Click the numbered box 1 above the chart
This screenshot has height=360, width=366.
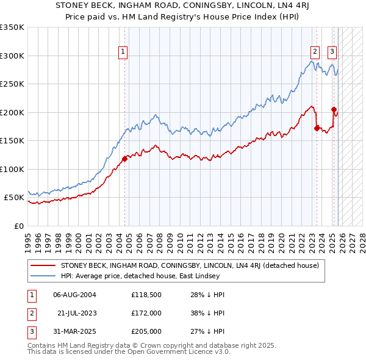point(123,52)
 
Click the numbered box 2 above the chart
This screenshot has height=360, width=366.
point(315,52)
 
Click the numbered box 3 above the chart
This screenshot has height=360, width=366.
point(332,52)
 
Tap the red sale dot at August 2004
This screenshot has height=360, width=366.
point(124,159)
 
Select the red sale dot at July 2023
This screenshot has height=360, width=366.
point(317,128)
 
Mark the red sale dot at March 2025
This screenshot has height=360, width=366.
point(334,110)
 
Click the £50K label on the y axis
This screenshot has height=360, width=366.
point(14,198)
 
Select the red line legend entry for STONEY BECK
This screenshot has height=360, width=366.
point(193,265)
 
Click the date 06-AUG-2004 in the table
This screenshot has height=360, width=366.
point(74,295)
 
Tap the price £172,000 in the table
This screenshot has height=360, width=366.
point(146,313)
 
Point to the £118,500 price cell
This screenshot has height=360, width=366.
point(146,295)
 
